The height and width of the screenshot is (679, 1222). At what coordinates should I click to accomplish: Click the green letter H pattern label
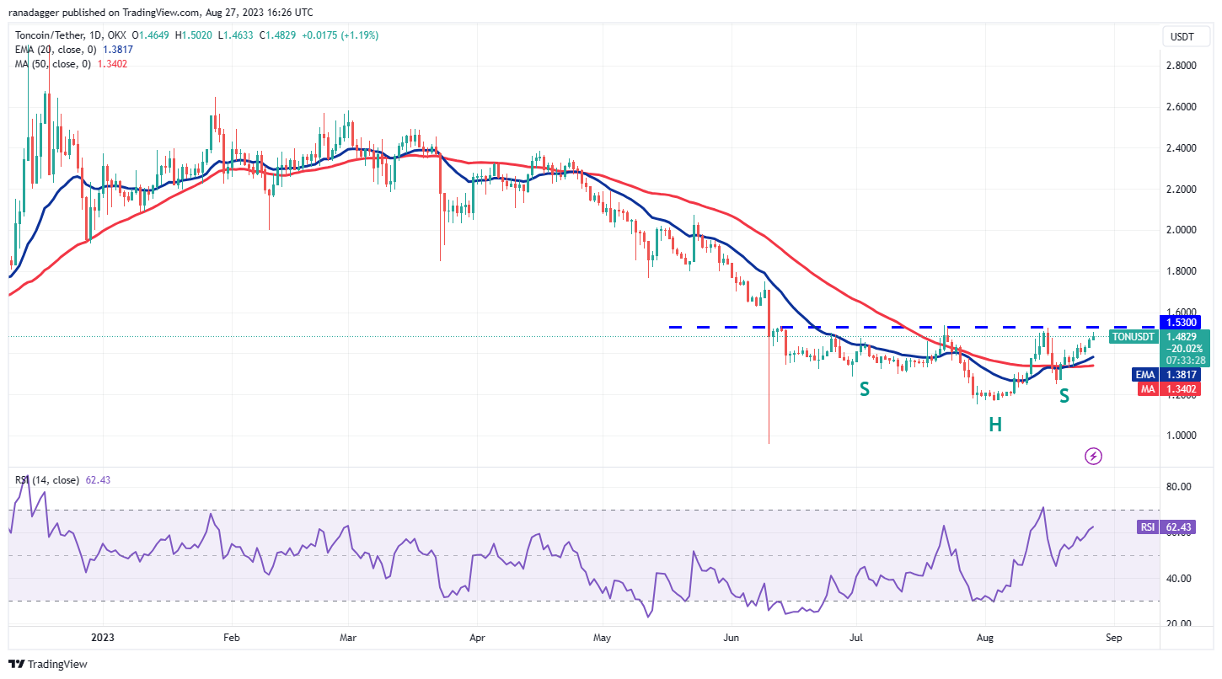coord(994,425)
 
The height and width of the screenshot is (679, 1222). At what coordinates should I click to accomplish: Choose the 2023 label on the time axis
coord(103,639)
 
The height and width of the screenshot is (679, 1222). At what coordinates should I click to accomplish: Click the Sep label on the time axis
coord(1113,639)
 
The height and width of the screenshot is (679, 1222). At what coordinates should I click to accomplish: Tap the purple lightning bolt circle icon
coord(1093,456)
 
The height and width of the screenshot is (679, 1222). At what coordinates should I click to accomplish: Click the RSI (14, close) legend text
coord(46,480)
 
